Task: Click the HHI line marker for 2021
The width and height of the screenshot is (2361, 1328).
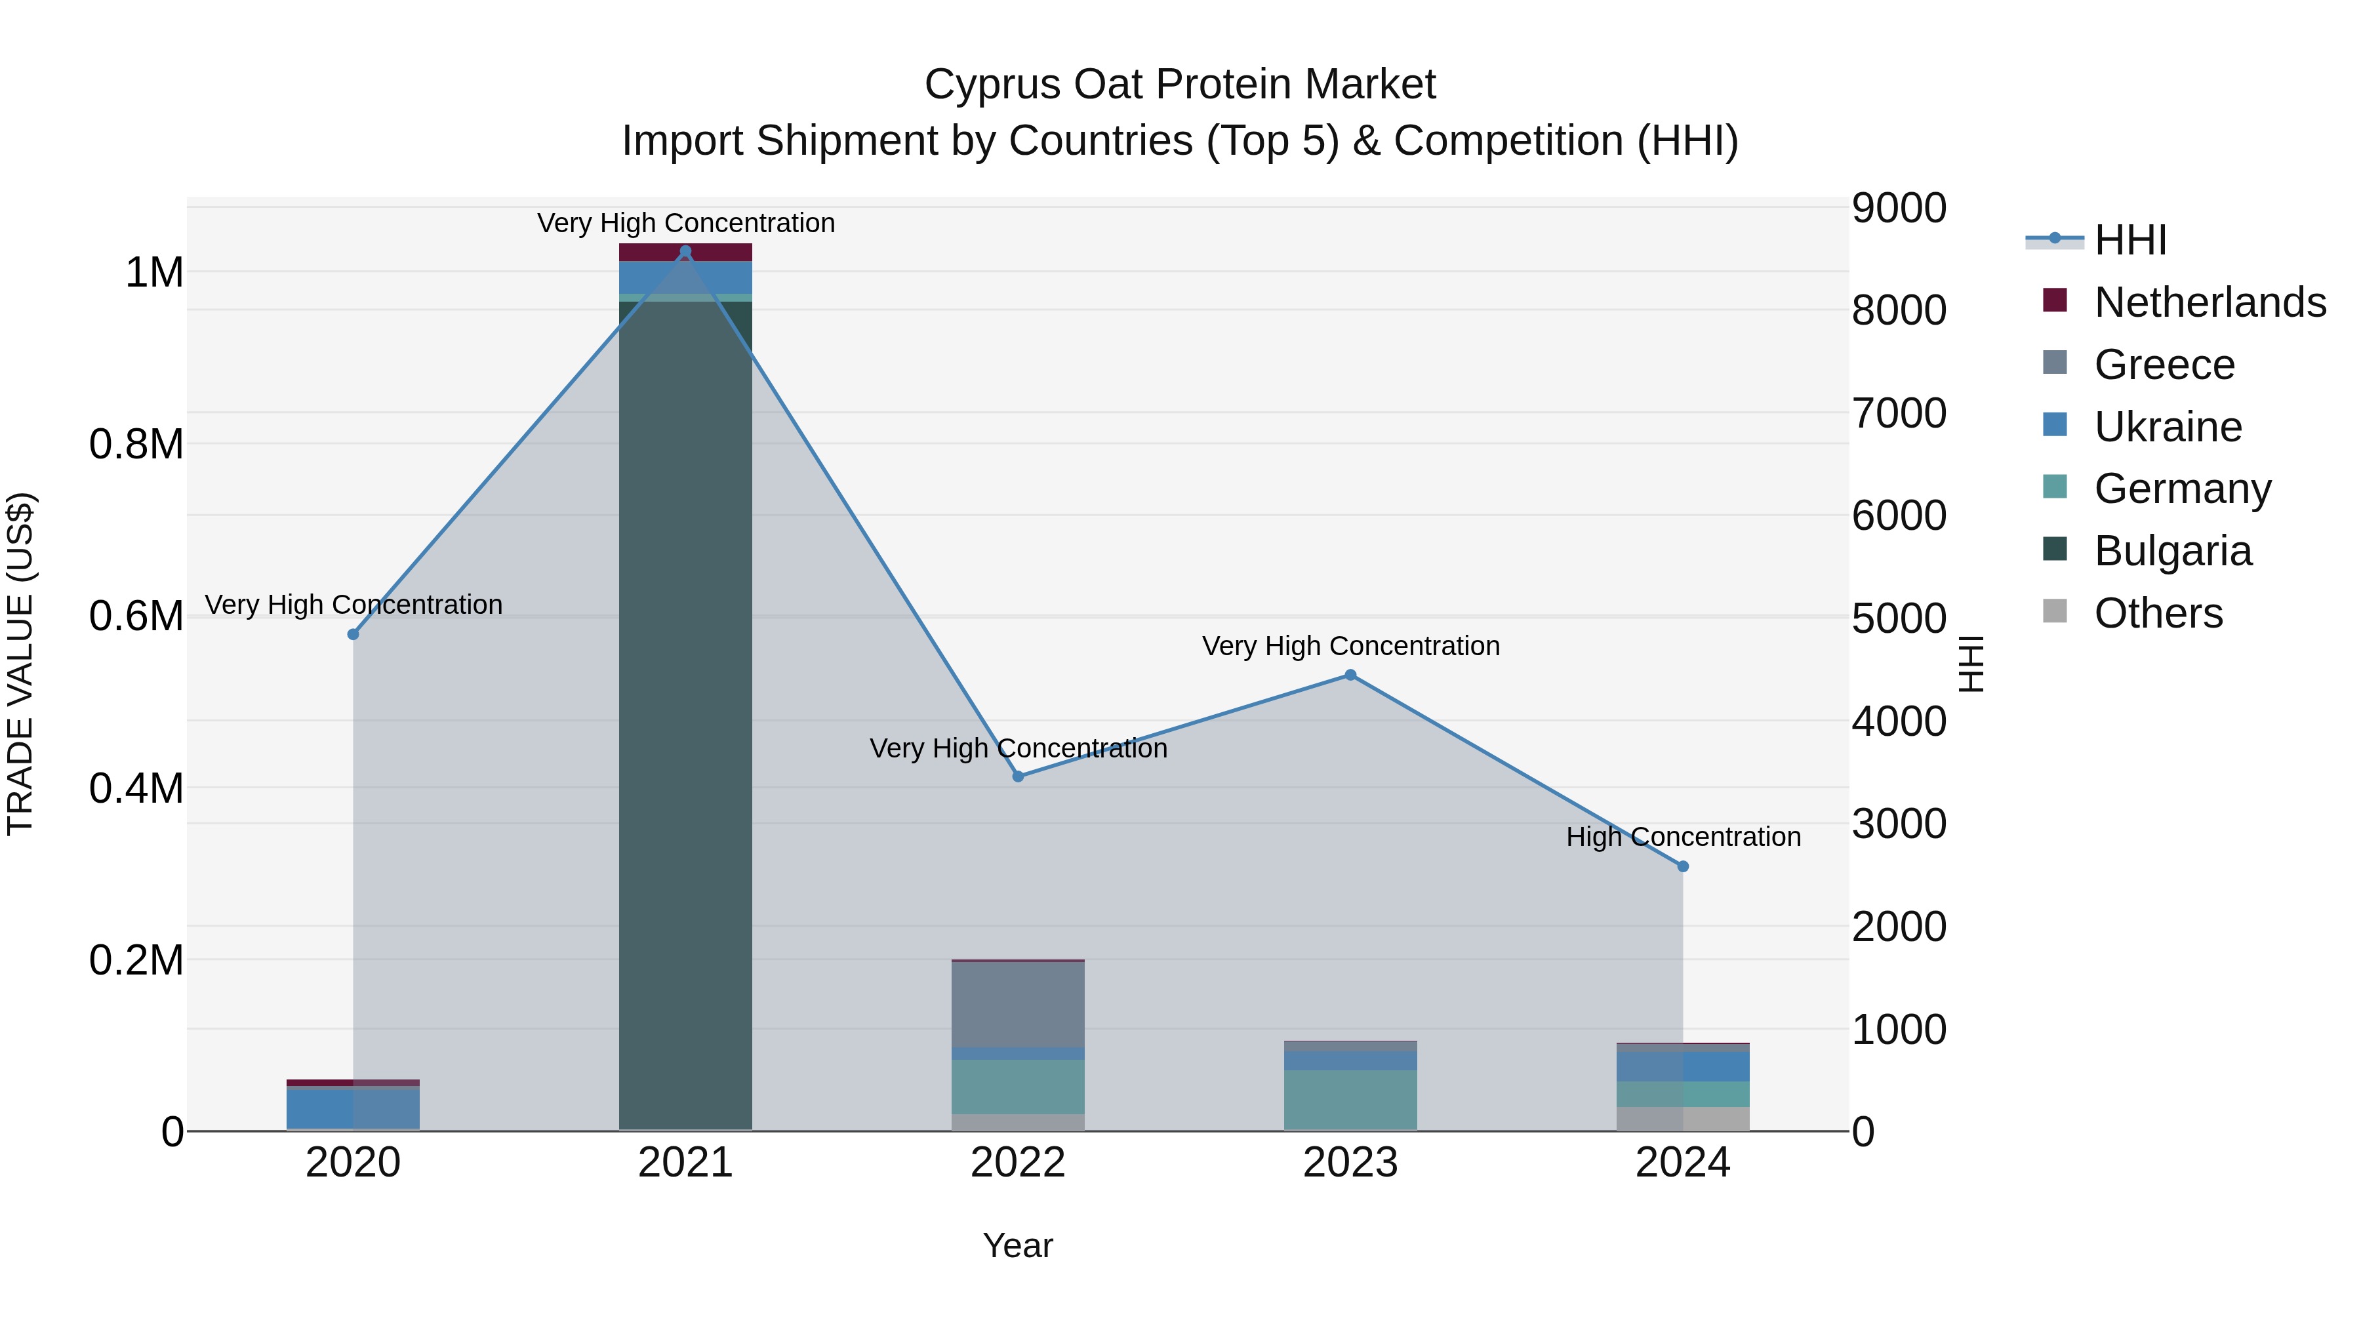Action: pyautogui.click(x=685, y=251)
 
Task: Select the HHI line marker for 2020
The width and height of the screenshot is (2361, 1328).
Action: pyautogui.click(x=353, y=634)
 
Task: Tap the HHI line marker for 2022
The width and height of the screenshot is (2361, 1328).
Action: pyautogui.click(x=1017, y=776)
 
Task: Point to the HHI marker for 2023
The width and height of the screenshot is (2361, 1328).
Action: pyautogui.click(x=1350, y=675)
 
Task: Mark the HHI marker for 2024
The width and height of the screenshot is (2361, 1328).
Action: pyautogui.click(x=1683, y=866)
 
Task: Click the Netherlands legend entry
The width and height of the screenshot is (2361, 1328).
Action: pyautogui.click(x=2209, y=302)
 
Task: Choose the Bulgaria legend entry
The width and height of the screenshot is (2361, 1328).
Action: pyautogui.click(x=2172, y=551)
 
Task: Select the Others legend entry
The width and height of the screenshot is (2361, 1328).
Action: pyautogui.click(x=2158, y=613)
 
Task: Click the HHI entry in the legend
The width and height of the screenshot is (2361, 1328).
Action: pyautogui.click(x=2130, y=240)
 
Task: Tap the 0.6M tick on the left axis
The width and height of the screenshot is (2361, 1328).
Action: pyautogui.click(x=136, y=616)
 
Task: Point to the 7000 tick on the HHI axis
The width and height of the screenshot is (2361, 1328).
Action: pyautogui.click(x=1898, y=413)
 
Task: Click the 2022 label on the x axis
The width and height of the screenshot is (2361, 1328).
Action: pyautogui.click(x=1017, y=1163)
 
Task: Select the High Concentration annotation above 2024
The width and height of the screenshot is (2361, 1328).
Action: pyautogui.click(x=1683, y=837)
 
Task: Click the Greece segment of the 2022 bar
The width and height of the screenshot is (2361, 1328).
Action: pyautogui.click(x=1017, y=1003)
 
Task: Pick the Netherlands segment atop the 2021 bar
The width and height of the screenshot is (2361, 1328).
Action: pyautogui.click(x=685, y=252)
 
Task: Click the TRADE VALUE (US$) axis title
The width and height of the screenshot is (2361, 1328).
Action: pyautogui.click(x=20, y=664)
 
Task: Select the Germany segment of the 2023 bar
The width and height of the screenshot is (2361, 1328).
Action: pyautogui.click(x=1350, y=1100)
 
